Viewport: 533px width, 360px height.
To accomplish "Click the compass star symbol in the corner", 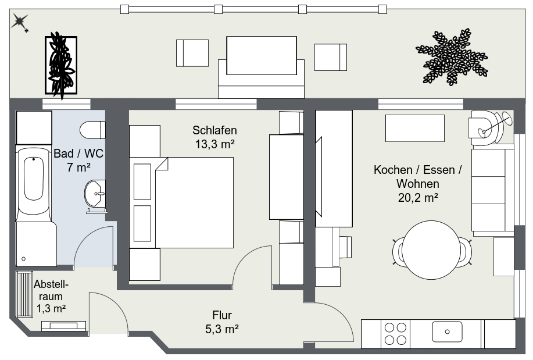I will click(x=21, y=23).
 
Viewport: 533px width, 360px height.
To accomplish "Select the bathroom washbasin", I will click(x=95, y=194).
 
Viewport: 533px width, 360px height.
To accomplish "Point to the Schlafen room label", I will click(x=214, y=130).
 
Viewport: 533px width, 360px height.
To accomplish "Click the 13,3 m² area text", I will click(x=214, y=144).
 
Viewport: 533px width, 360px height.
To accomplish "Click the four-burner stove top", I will click(x=396, y=334).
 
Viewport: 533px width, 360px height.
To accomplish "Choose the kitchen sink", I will click(x=447, y=332).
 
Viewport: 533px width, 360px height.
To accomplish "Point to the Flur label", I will click(x=221, y=315).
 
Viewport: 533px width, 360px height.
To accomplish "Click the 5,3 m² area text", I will click(x=221, y=329).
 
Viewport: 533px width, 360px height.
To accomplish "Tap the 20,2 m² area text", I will click(x=417, y=197).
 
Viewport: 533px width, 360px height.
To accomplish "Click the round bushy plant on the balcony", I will click(x=452, y=56).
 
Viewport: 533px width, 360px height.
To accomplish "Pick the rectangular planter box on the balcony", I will click(x=61, y=65).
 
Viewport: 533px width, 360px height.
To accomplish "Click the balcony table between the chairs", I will click(x=261, y=56).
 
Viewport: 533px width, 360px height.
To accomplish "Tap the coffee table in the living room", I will click(x=414, y=128).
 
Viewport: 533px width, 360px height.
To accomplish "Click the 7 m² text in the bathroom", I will click(x=79, y=168).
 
